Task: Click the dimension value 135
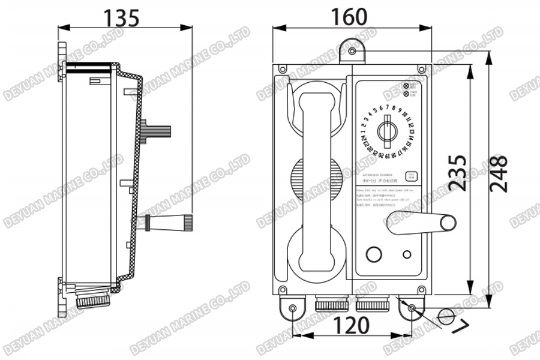coord(122,17)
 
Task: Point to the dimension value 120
coord(351,325)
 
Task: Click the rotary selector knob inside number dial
coord(387,131)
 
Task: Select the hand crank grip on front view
coord(449,223)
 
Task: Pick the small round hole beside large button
coord(407,254)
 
